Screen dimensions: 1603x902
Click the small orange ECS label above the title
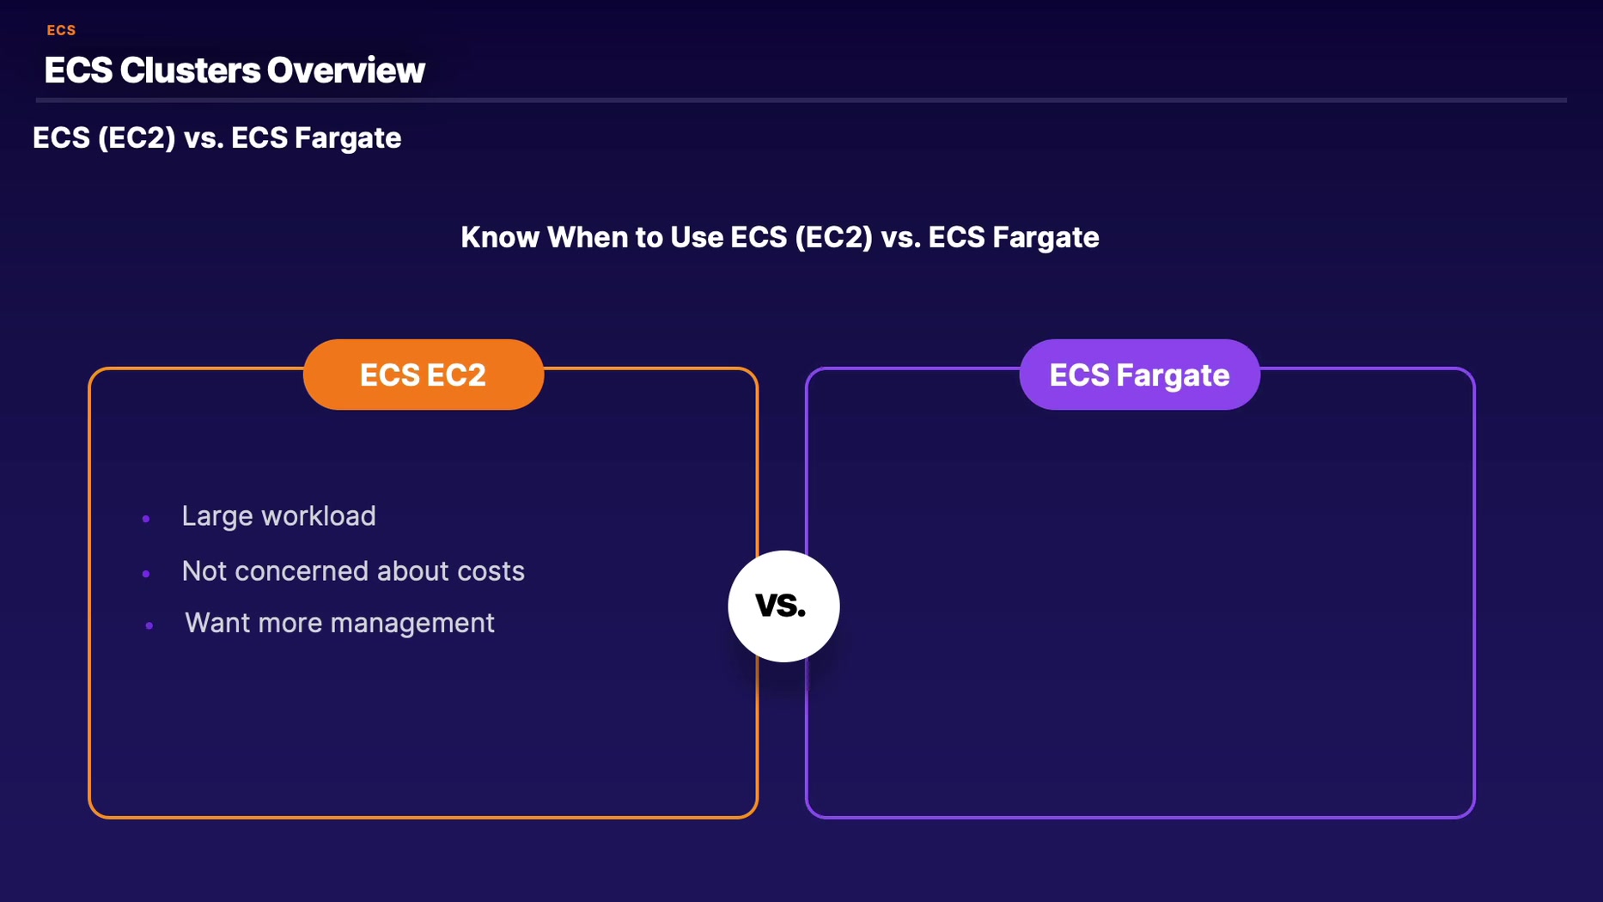[61, 30]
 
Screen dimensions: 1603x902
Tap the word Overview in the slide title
[345, 70]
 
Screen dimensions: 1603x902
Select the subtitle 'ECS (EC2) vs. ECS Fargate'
[216, 138]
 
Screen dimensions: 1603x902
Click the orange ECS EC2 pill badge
[424, 375]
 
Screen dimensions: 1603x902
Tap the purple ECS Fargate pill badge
[1140, 375]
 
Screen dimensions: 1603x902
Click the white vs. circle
[783, 606]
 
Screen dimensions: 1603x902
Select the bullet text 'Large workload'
[278, 516]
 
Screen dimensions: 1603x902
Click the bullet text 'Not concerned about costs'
[353, 571]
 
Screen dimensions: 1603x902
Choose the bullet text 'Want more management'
[339, 623]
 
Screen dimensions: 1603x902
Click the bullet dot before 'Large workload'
[146, 519]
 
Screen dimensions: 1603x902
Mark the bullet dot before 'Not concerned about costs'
[146, 574]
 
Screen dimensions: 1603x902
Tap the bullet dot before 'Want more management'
[149, 625]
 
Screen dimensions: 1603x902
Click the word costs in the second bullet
[491, 571]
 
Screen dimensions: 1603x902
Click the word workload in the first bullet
[319, 516]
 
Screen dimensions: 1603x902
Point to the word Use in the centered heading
[697, 237]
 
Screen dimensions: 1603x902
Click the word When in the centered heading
[588, 237]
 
